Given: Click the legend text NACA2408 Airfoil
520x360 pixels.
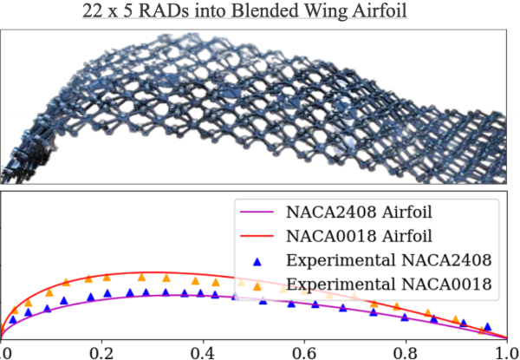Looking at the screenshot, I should pos(356,212).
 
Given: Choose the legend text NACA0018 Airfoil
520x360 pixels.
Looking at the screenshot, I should pos(356,236).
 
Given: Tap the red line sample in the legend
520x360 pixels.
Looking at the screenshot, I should pos(257,236).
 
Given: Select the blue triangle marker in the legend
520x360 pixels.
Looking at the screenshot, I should pos(257,259).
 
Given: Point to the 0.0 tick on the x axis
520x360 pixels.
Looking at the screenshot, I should pos(3,351).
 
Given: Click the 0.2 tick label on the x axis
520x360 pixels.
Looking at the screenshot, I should pos(102,351).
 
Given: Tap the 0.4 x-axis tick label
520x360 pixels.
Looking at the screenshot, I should pos(203,351).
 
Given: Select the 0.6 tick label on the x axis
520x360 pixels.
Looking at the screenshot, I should pos(303,351).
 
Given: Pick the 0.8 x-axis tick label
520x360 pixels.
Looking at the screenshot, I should pos(404,351).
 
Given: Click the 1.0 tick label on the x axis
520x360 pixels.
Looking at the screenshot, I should pos(504,351).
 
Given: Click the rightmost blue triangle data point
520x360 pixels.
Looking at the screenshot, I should pos(488,327).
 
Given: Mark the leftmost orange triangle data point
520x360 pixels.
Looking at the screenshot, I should pos(14,308).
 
